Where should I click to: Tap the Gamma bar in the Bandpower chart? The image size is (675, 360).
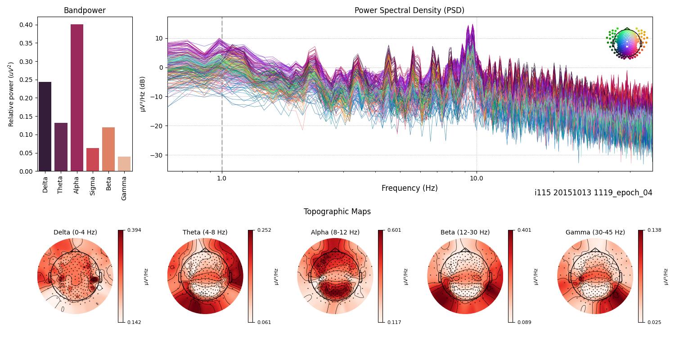[124, 164]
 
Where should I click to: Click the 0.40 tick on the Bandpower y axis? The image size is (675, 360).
[26, 25]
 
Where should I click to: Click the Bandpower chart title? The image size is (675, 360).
[85, 10]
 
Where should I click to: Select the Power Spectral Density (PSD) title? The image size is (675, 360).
[409, 10]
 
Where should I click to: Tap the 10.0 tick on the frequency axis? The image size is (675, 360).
[477, 178]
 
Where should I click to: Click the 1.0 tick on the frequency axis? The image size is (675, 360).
[221, 178]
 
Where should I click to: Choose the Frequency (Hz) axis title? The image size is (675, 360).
[409, 188]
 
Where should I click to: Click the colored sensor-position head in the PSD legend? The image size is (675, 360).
[627, 43]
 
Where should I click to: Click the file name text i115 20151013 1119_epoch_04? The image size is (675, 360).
[593, 193]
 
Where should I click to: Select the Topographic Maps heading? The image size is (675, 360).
[337, 211]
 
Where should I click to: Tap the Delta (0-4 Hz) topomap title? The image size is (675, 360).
[75, 232]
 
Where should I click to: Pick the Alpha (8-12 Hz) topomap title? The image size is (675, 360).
[335, 232]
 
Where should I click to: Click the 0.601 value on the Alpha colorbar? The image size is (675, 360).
[394, 230]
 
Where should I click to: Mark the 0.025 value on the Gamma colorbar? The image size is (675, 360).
[654, 322]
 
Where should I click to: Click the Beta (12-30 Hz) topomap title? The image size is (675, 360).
[465, 232]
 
